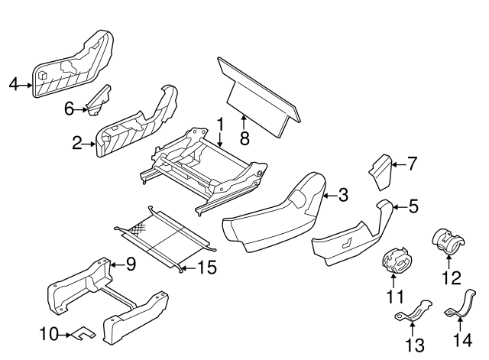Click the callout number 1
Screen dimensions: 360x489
[x=219, y=123]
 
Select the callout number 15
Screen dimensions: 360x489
[x=207, y=268]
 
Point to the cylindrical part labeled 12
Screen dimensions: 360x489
[x=447, y=241]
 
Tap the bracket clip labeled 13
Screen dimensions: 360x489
[x=413, y=313]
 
